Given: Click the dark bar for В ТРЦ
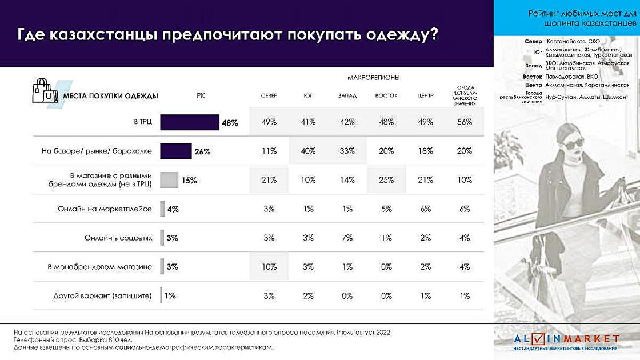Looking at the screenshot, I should click(x=190, y=122).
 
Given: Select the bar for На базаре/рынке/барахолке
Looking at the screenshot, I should click(x=175, y=151).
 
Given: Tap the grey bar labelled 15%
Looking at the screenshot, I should click(x=169, y=180).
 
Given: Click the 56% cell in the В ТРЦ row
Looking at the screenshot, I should click(x=464, y=122).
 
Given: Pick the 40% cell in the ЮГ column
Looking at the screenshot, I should click(x=308, y=151).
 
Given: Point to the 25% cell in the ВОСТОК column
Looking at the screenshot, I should click(x=386, y=180).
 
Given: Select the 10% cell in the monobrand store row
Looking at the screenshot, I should click(x=269, y=266).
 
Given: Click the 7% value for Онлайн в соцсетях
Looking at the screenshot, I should click(x=347, y=238).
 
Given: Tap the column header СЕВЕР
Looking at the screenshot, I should click(x=269, y=95).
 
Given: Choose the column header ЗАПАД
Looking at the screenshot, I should click(x=347, y=95).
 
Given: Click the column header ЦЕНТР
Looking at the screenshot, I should click(x=426, y=95).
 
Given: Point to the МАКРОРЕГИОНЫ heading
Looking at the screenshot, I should click(x=373, y=77).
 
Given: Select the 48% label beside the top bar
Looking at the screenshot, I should click(x=230, y=123).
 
